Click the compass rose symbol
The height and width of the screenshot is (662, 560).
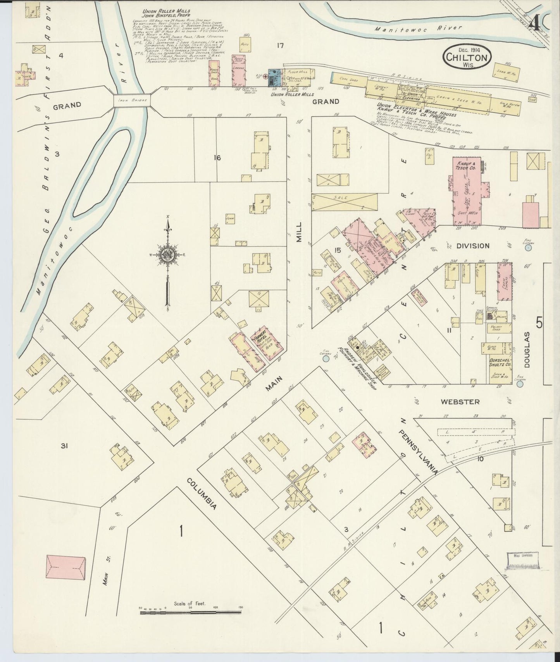point(167,255)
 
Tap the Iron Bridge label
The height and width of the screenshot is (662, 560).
point(132,101)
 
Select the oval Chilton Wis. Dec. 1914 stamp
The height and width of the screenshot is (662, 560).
point(467,58)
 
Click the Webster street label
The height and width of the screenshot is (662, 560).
point(460,402)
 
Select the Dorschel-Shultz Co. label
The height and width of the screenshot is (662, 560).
point(497,362)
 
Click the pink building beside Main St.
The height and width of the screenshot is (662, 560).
point(66,567)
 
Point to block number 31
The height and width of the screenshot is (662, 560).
point(64,446)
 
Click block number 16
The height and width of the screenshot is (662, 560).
point(217,158)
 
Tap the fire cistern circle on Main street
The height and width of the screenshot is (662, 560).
point(326,359)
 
